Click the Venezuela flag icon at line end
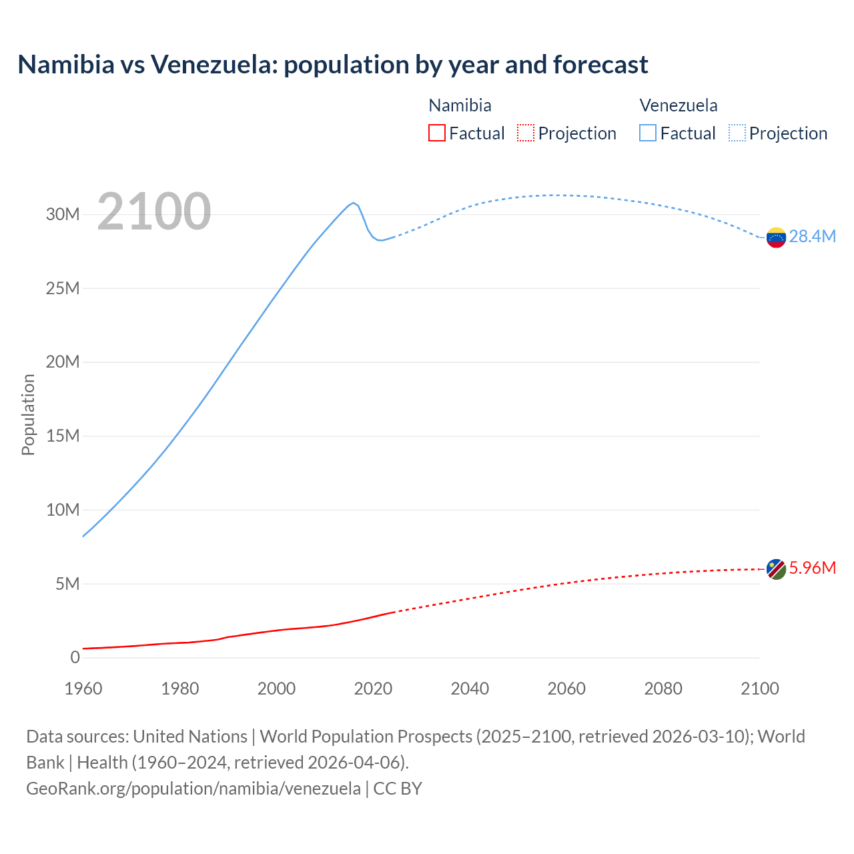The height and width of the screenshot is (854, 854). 776,238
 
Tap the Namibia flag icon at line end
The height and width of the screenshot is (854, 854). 776,569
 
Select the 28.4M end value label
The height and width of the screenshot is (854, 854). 812,237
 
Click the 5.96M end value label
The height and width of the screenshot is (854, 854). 812,568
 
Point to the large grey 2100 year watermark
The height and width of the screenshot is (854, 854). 154,212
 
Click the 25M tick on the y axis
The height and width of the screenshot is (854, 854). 63,288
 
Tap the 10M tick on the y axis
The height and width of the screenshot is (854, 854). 63,510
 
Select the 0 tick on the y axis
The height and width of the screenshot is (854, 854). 75,657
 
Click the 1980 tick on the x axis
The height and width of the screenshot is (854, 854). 179,689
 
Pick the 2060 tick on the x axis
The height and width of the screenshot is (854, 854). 566,689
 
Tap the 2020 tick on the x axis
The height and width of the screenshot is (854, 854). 373,689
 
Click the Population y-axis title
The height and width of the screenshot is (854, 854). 28,414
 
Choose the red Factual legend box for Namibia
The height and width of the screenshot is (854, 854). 436,133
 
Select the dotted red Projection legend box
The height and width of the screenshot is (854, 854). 526,133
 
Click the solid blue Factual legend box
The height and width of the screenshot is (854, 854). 648,133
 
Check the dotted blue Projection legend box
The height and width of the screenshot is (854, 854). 737,133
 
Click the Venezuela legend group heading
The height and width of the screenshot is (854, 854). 679,105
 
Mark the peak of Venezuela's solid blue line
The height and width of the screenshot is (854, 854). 354,203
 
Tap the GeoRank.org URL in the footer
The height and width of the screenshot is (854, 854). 193,788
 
